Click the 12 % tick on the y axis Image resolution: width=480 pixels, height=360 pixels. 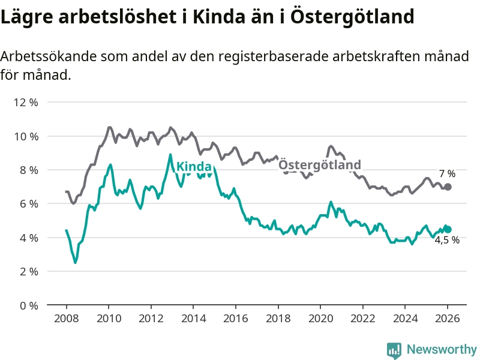[26, 103]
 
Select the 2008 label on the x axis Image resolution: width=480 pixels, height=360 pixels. [66, 319]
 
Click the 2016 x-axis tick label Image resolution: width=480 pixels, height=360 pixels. [236, 319]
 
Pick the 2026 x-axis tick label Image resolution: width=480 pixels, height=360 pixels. [448, 319]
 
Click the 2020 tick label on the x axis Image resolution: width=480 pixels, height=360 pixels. [320, 319]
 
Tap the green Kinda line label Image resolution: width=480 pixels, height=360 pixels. [194, 166]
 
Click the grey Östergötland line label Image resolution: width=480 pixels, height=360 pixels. [320, 165]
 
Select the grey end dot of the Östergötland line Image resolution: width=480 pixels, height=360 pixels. [448, 187]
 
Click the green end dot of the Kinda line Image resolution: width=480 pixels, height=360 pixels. [448, 229]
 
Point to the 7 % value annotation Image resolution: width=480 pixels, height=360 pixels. [446, 174]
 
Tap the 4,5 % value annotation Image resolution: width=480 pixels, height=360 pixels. [447, 240]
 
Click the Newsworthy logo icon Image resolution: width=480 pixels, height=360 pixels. [394, 349]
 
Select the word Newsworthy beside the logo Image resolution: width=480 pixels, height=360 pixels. [442, 349]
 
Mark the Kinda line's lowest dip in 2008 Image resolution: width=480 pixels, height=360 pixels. [75, 262]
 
